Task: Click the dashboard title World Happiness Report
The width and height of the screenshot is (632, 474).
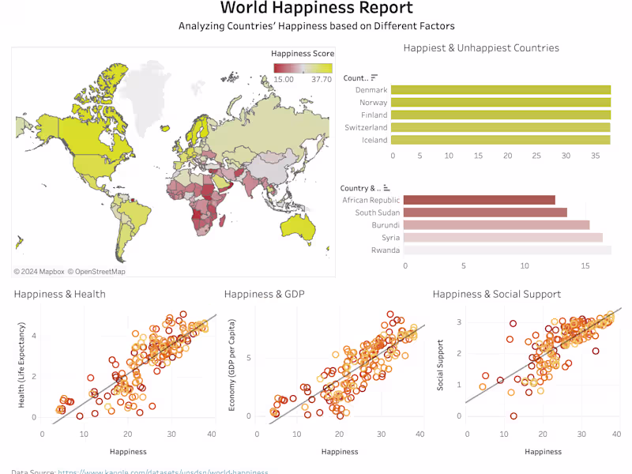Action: coord(316,9)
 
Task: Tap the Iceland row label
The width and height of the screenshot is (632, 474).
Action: coord(374,140)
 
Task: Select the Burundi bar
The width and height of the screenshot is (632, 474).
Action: coord(496,225)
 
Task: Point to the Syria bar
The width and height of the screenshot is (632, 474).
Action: coord(502,238)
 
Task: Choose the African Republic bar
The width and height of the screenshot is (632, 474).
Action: coord(479,200)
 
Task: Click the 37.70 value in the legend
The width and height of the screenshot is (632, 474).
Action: coord(322,80)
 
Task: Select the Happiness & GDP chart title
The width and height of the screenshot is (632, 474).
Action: coord(265,295)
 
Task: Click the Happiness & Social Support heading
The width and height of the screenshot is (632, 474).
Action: coord(497,295)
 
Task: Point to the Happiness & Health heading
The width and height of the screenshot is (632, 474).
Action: coord(60,295)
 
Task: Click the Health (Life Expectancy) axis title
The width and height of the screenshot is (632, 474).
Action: coord(21,365)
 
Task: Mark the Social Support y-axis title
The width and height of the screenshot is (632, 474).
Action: coord(440,365)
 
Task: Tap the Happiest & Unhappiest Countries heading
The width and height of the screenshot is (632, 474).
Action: coord(481,48)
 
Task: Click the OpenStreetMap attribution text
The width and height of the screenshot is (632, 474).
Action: coord(96,272)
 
